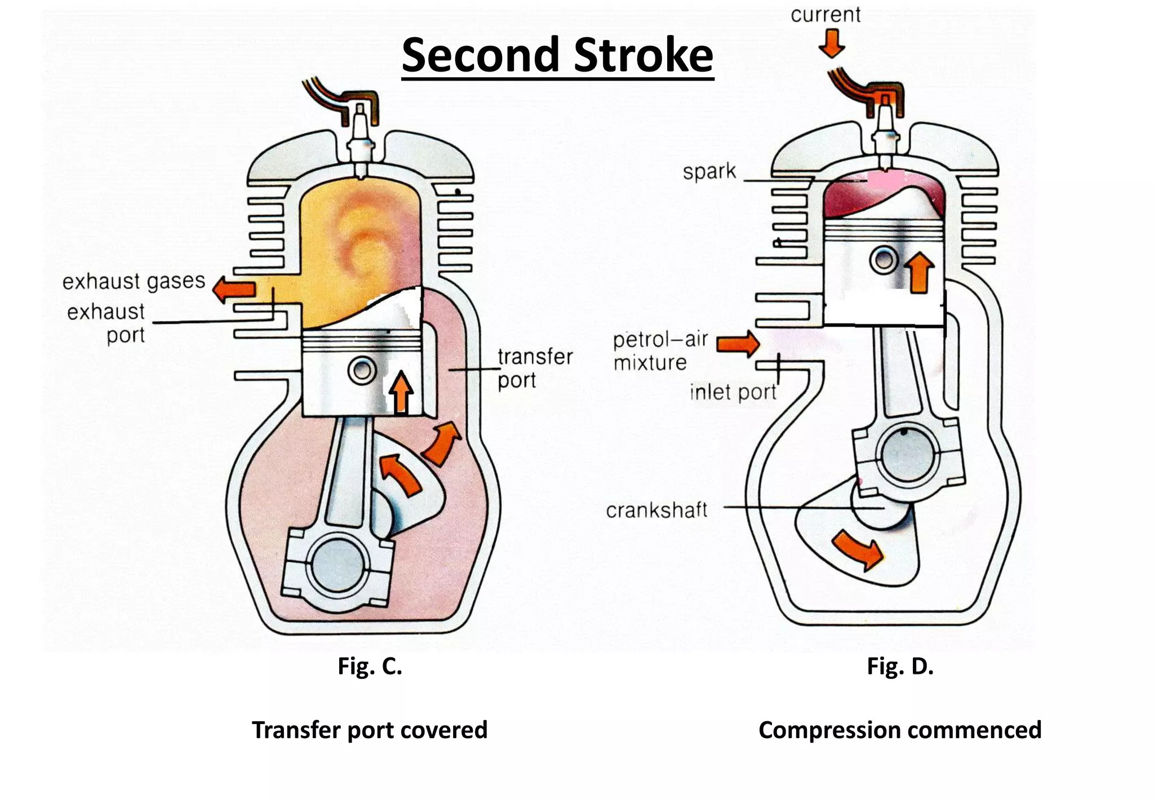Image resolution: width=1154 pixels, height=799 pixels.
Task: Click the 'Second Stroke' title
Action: (x=557, y=55)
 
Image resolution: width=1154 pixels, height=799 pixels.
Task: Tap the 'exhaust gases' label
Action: (x=134, y=281)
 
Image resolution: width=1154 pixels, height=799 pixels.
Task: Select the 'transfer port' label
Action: (x=535, y=368)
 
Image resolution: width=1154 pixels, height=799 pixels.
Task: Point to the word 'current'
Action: (x=825, y=14)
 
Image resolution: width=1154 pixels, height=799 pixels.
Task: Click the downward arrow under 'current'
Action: (x=832, y=43)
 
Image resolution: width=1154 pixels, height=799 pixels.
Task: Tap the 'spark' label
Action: (x=709, y=171)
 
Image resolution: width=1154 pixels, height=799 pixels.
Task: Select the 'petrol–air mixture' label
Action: (x=660, y=351)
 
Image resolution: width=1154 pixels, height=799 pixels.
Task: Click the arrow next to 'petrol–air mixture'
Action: (x=738, y=343)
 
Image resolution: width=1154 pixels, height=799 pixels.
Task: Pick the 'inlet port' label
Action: (x=733, y=392)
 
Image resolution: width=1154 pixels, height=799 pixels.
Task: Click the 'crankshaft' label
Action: (x=656, y=511)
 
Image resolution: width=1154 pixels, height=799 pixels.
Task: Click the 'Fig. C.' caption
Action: (x=370, y=666)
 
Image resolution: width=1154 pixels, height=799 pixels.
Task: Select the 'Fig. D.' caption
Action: (x=900, y=666)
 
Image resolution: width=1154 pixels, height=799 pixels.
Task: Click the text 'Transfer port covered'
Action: (x=369, y=730)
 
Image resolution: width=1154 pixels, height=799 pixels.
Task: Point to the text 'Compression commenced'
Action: (x=899, y=730)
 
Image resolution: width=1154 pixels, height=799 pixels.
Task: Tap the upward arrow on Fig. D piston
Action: (x=918, y=272)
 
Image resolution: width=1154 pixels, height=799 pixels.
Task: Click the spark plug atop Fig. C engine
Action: (x=359, y=135)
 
